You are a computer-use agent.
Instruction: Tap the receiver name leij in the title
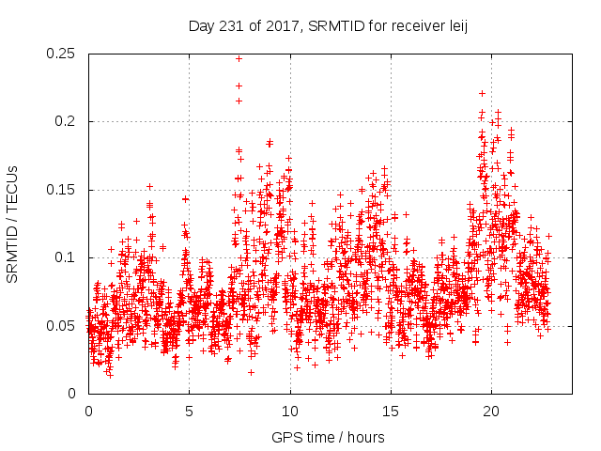pyautogui.click(x=455, y=25)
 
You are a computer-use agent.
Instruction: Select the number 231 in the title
pyautogui.click(x=224, y=25)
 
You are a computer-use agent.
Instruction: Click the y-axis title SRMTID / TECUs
pyautogui.click(x=13, y=223)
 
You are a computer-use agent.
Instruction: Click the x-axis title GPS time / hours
pyautogui.click(x=328, y=437)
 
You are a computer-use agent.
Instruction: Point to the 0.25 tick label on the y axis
pyautogui.click(x=64, y=54)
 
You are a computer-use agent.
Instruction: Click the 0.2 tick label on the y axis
pyautogui.click(x=68, y=121)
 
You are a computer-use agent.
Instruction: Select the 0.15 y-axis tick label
pyautogui.click(x=64, y=190)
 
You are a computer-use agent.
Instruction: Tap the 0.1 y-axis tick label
pyautogui.click(x=68, y=257)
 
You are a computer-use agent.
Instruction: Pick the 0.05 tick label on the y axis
pyautogui.click(x=64, y=325)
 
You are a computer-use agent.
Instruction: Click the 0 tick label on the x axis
pyautogui.click(x=88, y=412)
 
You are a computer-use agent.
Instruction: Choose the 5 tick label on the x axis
pyautogui.click(x=189, y=412)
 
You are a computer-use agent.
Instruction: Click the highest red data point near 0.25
pyautogui.click(x=239, y=58)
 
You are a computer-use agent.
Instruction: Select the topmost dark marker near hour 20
pyautogui.click(x=482, y=93)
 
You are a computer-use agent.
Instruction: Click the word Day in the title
pyautogui.click(x=200, y=25)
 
